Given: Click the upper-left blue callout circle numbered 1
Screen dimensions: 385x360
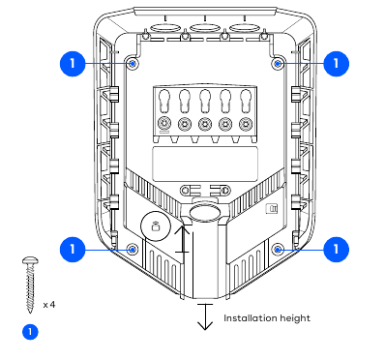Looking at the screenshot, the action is click(73, 64).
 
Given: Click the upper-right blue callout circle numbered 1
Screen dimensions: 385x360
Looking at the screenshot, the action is click(336, 64).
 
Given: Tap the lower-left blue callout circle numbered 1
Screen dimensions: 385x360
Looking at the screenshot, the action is click(73, 250).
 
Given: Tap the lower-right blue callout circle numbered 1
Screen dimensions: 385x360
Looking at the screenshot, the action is click(336, 250).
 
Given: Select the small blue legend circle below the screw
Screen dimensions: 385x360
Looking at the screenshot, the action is click(30, 332).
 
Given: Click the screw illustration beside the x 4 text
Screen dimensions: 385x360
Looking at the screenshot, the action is click(30, 285).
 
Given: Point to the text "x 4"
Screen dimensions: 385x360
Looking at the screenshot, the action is click(49, 305).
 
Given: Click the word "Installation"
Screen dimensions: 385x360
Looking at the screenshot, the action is click(250, 318).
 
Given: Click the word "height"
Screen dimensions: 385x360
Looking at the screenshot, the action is click(295, 318).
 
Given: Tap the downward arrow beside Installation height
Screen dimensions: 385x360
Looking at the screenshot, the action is click(205, 316).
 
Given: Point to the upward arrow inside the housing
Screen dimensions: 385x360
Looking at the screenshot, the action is click(183, 239).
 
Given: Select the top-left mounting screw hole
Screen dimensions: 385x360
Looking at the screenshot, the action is click(133, 63).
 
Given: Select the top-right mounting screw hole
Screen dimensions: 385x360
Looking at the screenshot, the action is click(278, 63).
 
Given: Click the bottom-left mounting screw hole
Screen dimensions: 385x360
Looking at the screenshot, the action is click(133, 249).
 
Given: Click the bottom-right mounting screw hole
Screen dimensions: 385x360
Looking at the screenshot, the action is click(278, 249).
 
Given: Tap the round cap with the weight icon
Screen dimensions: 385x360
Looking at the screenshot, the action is click(156, 226).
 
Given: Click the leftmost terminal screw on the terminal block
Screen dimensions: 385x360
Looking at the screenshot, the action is click(163, 124).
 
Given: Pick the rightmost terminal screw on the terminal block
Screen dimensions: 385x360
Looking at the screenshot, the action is click(246, 124).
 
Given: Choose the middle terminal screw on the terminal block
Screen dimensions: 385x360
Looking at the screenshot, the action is click(205, 124).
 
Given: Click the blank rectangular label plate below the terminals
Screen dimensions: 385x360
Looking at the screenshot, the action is click(205, 164).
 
